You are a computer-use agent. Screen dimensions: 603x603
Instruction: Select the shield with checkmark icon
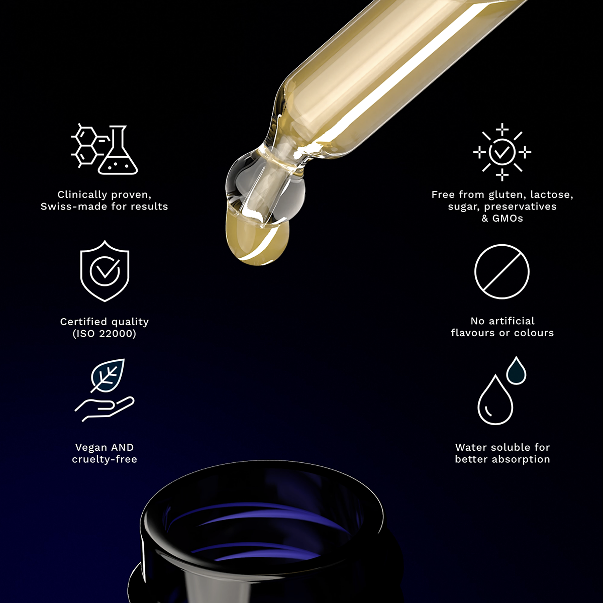[105, 271]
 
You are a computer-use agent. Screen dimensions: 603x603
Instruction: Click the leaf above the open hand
[108, 375]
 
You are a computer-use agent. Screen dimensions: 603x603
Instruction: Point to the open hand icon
[104, 409]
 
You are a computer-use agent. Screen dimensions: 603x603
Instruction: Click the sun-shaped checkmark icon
[502, 152]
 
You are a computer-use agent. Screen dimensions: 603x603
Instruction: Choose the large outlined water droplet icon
[495, 399]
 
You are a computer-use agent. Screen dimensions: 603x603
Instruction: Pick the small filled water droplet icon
[517, 370]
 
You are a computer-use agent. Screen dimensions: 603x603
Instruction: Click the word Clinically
[82, 195]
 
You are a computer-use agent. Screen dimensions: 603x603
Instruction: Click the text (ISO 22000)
[105, 334]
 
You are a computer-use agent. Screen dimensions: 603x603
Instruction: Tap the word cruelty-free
[105, 459]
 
